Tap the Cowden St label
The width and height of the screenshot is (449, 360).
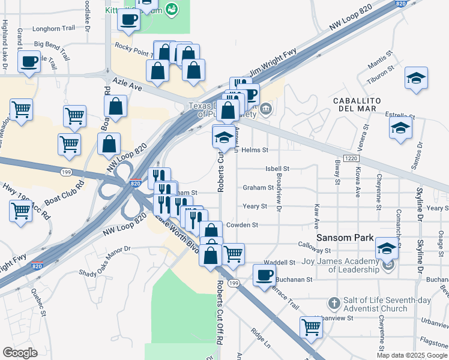coord(243,225)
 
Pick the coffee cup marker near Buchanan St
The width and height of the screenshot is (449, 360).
coord(264,275)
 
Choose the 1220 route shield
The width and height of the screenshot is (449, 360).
coord(352,157)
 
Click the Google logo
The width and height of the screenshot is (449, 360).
coord(20,352)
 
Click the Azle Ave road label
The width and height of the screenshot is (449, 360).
coord(125,86)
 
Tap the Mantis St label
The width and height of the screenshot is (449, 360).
coord(381,54)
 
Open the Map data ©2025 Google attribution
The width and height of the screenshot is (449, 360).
coord(411,355)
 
